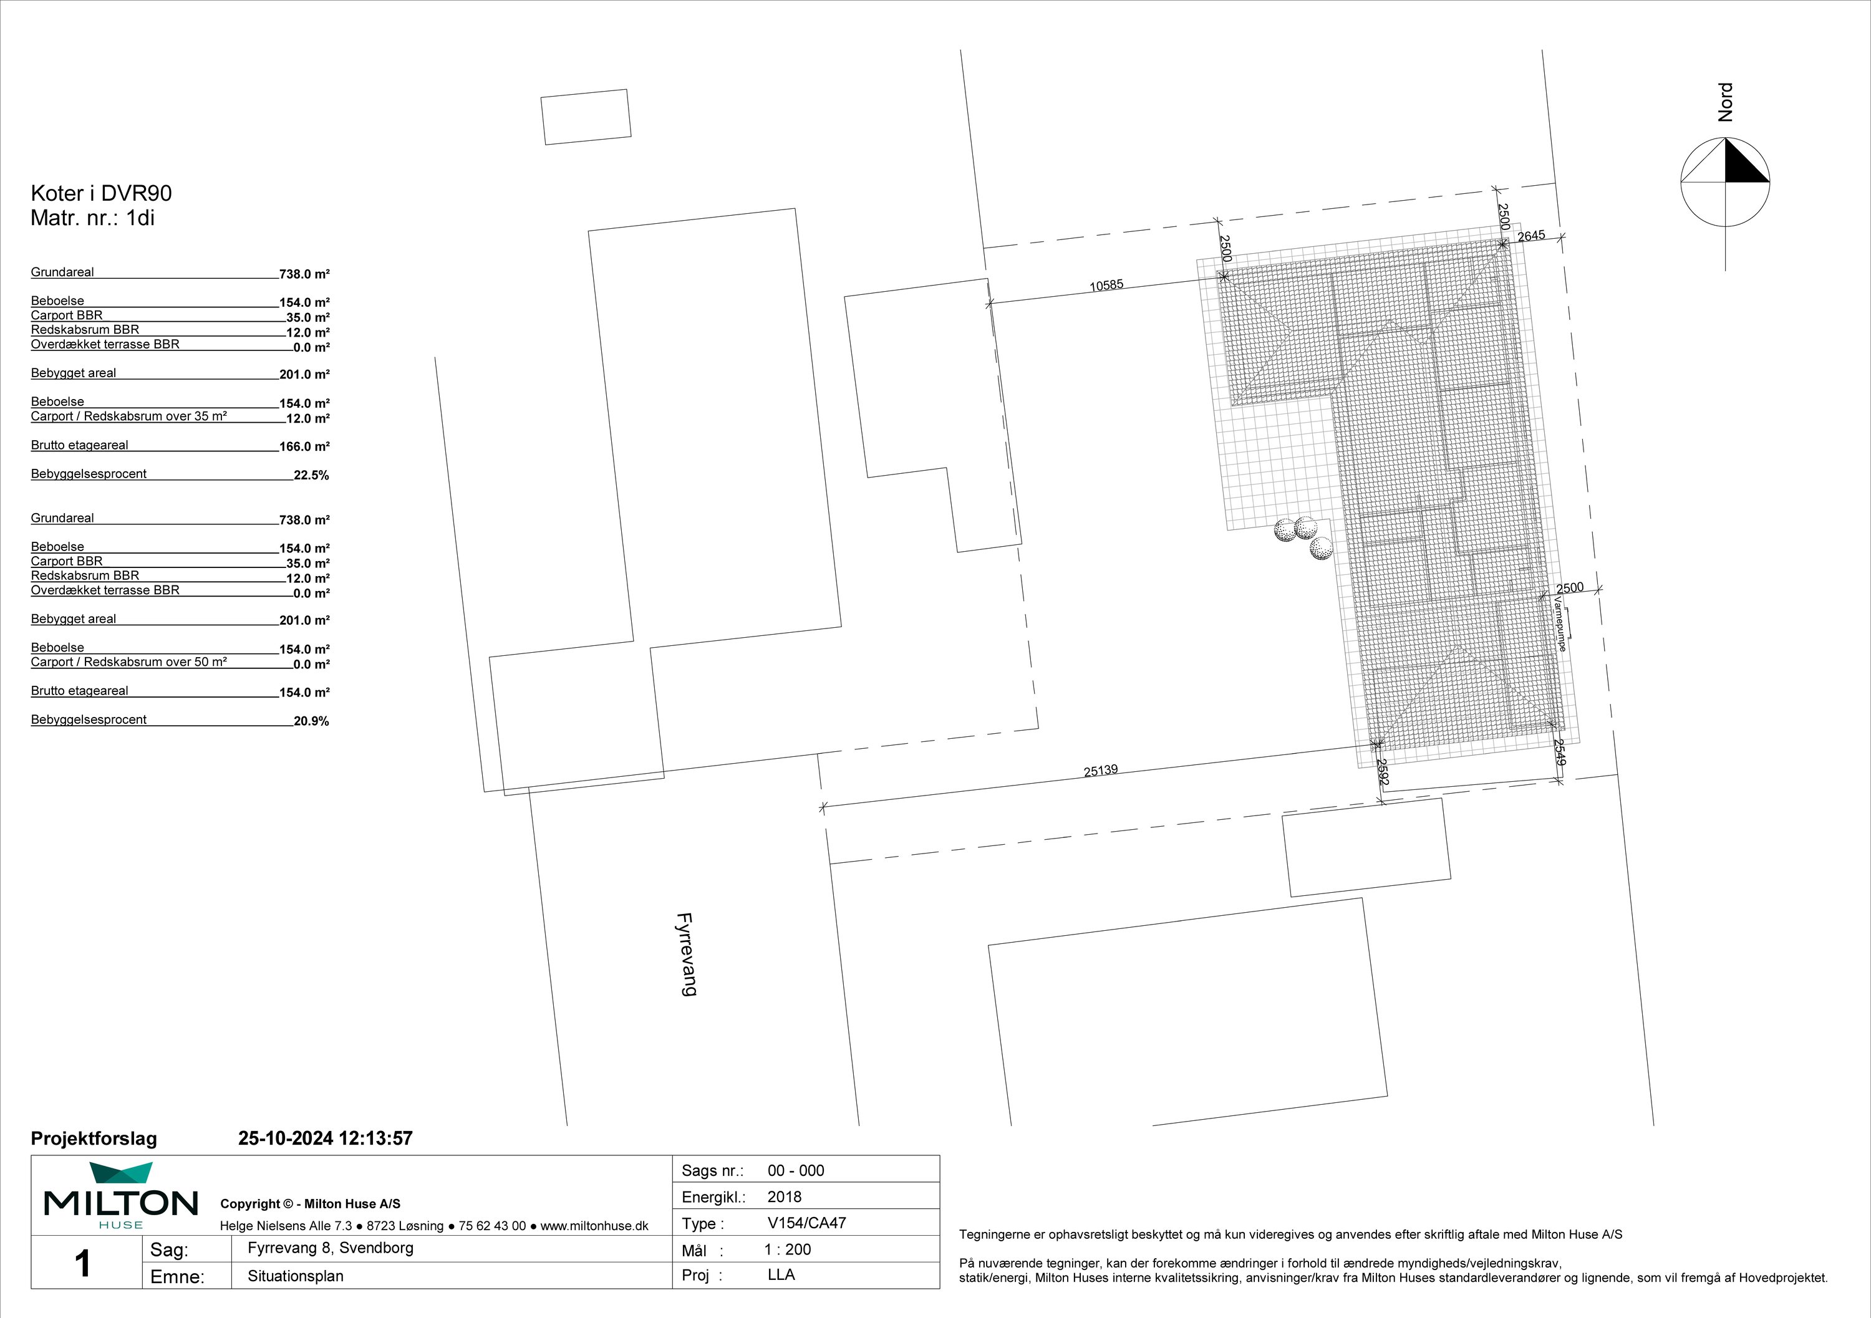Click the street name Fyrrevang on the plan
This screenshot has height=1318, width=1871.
[687, 954]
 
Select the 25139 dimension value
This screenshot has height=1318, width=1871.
[1101, 770]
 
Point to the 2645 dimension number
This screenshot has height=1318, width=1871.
[1531, 236]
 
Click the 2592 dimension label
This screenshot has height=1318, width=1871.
[1382, 772]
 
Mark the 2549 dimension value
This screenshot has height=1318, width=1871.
[1560, 752]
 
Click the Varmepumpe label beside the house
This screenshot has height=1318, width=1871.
[1560, 624]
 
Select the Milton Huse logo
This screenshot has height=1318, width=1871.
[120, 1195]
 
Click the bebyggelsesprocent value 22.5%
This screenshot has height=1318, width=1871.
[311, 476]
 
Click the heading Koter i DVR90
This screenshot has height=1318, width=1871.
[101, 193]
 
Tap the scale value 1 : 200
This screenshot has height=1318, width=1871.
[787, 1249]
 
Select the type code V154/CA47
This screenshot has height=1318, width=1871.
[807, 1223]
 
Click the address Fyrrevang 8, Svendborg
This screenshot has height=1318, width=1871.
[331, 1248]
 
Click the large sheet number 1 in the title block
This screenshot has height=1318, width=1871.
[82, 1263]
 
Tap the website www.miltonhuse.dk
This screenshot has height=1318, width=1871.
[595, 1226]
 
